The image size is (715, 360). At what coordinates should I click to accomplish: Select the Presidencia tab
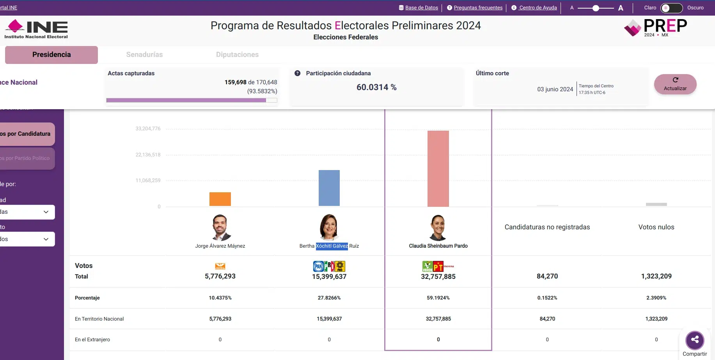pos(51,55)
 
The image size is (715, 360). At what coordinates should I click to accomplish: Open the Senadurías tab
pos(144,55)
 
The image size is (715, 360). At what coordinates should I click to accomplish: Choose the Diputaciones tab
pos(237,55)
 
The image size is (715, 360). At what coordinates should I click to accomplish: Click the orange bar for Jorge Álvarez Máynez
pos(220,199)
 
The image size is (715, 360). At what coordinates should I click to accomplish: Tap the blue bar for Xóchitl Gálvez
pos(329,188)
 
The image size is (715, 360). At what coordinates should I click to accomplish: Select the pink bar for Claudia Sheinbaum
pos(438,168)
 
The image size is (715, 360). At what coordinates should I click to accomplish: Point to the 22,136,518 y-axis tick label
pos(148,155)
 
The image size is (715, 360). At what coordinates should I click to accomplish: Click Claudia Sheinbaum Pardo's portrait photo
pos(438,227)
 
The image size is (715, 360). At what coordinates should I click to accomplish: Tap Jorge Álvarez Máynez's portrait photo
pos(220,227)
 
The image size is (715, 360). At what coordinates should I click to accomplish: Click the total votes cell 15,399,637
pos(329,277)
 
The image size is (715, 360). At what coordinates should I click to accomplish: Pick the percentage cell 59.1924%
pos(438,298)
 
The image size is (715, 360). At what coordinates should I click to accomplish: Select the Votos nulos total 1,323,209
pos(656,276)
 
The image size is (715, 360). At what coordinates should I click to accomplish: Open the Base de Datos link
pos(421,8)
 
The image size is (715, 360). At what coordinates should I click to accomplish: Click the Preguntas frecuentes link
pos(478,8)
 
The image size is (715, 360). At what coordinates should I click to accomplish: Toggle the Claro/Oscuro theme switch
pos(671,8)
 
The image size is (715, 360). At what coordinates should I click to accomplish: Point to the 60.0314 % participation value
pos(376,87)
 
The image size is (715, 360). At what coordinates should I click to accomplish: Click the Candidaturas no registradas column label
pos(547,227)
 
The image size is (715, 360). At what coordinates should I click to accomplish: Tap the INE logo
pos(36,29)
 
